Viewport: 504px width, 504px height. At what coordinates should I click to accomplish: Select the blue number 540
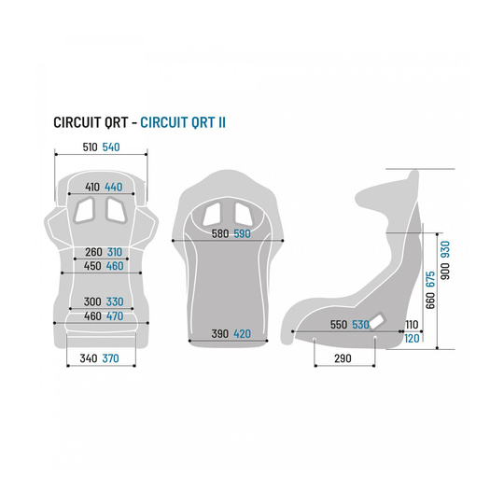point(111,147)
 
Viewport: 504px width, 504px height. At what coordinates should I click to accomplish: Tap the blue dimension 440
point(114,186)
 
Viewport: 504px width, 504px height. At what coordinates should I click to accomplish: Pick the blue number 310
point(114,252)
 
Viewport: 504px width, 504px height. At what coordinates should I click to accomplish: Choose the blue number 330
point(114,301)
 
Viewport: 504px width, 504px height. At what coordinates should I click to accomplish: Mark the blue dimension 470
point(114,317)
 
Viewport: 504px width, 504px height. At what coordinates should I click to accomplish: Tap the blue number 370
point(110,357)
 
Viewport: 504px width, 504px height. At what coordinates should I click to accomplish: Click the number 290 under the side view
point(343,358)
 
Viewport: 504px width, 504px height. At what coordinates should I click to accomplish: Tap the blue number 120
point(412,338)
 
